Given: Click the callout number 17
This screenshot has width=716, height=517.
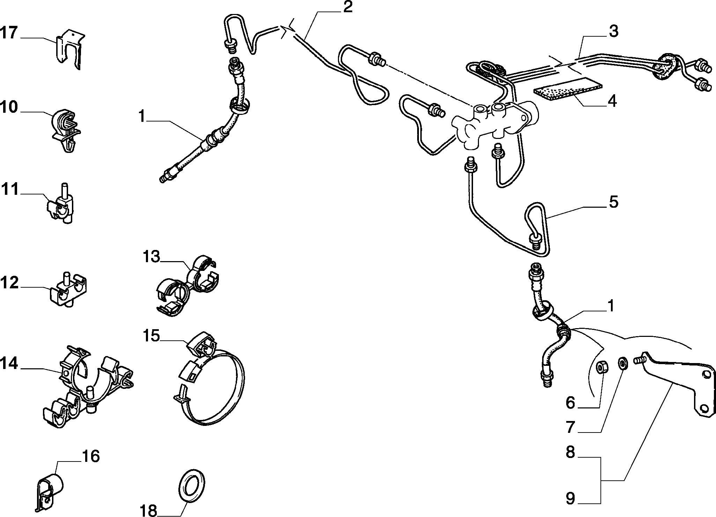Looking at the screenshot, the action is pyautogui.click(x=9, y=33).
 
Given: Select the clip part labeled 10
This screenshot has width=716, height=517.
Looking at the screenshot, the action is pyautogui.click(x=67, y=131).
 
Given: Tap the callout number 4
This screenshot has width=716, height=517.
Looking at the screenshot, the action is pyautogui.click(x=612, y=101).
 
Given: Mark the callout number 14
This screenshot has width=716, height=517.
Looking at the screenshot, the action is pyautogui.click(x=9, y=364).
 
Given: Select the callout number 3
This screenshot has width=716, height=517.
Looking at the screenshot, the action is pyautogui.click(x=613, y=31).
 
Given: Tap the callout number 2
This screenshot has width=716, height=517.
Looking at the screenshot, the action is pyautogui.click(x=347, y=8).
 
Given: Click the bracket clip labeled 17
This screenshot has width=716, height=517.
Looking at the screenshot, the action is pyautogui.click(x=71, y=49).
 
